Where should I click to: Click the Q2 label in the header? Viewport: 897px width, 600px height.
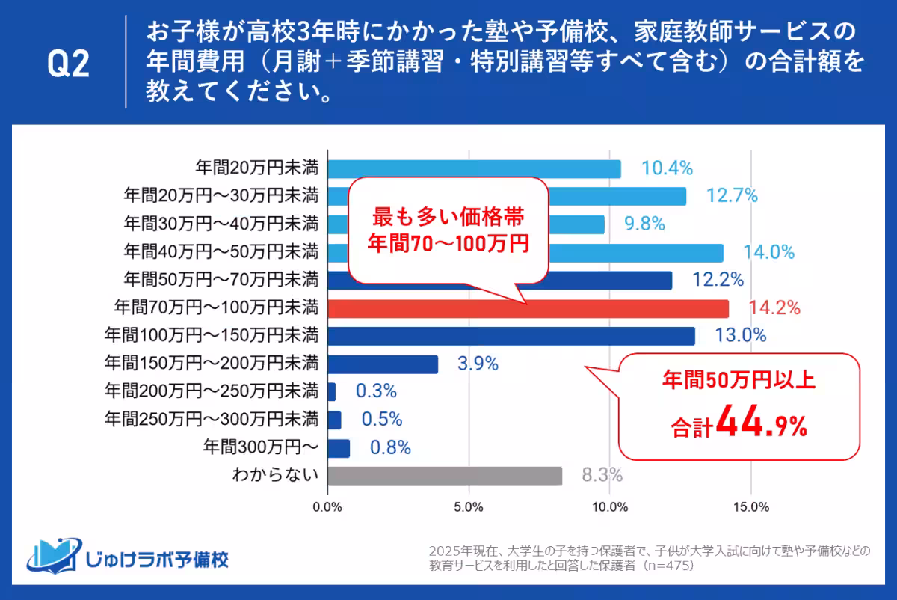coord(69,65)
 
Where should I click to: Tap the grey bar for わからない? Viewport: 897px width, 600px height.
coord(445,476)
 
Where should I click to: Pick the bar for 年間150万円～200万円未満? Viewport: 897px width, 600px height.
coord(383,364)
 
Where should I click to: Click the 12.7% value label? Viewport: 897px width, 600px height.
coord(732,196)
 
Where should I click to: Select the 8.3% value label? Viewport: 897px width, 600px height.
coord(602,476)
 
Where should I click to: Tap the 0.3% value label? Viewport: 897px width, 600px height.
coord(376,391)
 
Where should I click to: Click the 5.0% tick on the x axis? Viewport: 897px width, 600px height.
coord(469,508)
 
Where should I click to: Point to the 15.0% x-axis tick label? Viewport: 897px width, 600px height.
coord(751,508)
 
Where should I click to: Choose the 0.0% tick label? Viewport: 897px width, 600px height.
coord(328,508)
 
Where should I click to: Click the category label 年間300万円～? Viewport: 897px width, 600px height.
coord(261,447)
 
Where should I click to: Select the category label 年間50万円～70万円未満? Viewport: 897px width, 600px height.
coord(221,280)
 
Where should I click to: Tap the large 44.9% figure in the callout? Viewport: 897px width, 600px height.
coord(761,423)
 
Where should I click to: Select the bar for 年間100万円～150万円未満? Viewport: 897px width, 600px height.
coord(511,336)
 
